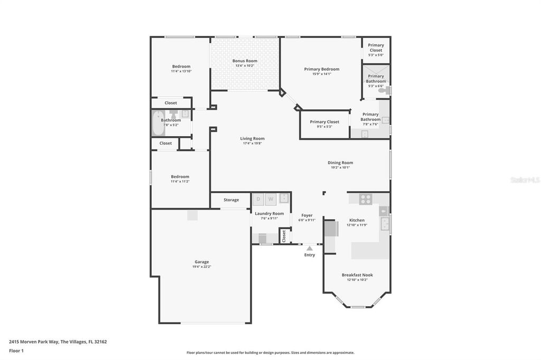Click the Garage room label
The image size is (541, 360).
tap(201, 262)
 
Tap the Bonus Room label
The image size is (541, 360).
tap(245, 61)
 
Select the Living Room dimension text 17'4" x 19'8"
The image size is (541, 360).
tap(253, 144)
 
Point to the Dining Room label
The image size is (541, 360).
tap(340, 163)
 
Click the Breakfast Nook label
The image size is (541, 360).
tap(357, 274)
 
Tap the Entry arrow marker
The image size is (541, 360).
tap(310, 248)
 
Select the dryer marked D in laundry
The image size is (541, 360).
tap(259, 199)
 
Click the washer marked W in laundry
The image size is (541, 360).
tap(270, 199)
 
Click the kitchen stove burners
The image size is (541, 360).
tap(366, 199)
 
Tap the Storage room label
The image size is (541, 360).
tap(231, 200)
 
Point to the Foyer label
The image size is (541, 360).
tap(307, 215)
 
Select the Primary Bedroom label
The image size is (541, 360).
tap(322, 69)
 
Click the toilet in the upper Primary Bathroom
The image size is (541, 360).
tap(388, 91)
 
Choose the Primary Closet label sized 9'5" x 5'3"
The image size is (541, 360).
tap(324, 122)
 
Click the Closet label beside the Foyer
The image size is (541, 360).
tap(284, 235)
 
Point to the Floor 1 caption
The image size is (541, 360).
tap(16, 350)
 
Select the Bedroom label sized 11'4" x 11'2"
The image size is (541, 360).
tap(180, 177)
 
